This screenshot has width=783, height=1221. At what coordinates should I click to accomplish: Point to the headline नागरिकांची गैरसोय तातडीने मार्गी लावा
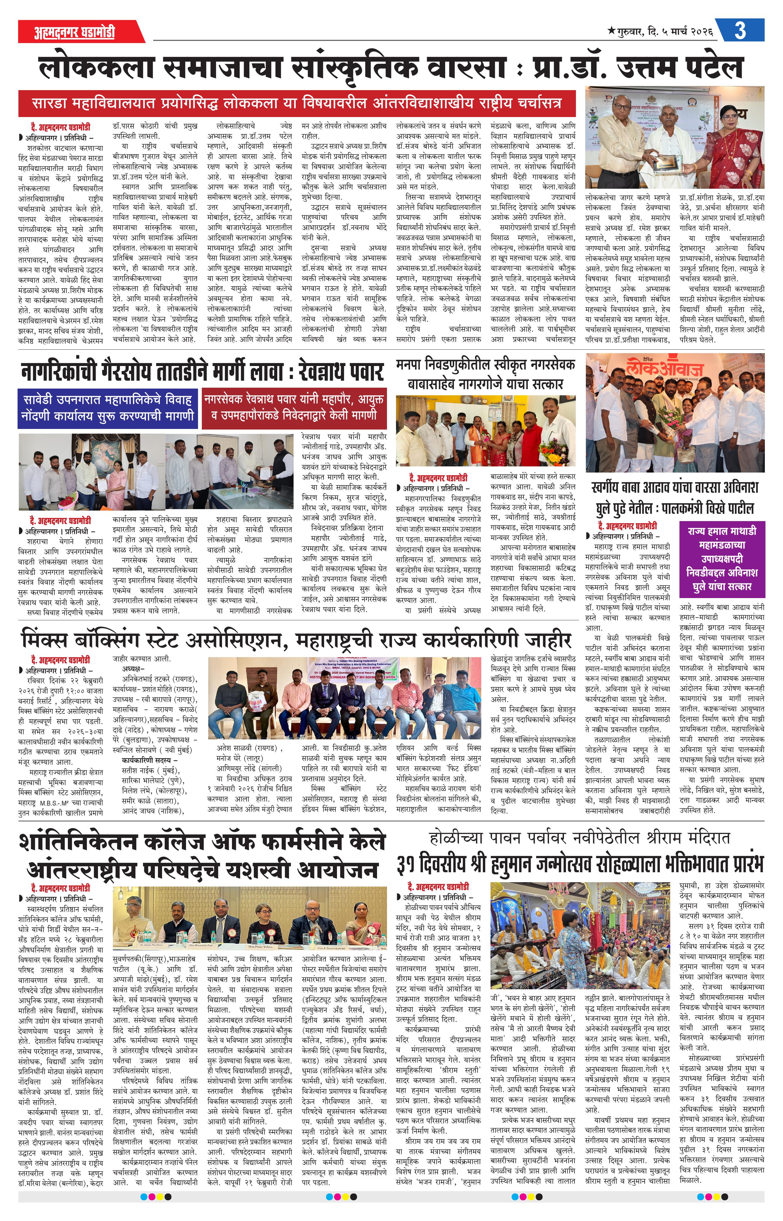coord(202,372)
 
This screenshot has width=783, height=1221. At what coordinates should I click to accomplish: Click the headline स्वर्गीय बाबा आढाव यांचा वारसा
coord(675,497)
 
